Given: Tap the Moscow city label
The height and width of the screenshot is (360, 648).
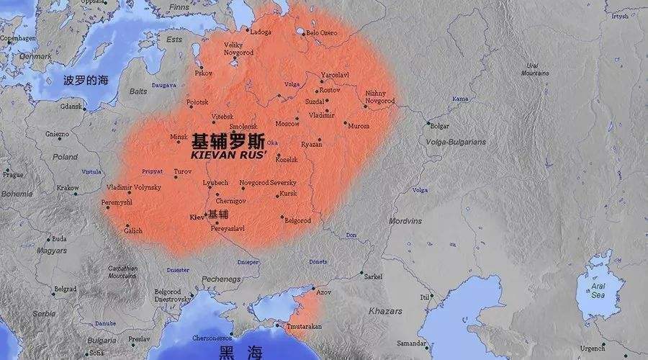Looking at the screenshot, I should (287, 123).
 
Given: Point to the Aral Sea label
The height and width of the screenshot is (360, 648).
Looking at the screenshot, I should (598, 289).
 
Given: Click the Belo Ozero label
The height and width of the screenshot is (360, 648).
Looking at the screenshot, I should (322, 32).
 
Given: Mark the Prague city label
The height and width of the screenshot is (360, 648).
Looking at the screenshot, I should (13, 174).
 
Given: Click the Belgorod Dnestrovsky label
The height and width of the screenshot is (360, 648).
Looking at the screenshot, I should (173, 295).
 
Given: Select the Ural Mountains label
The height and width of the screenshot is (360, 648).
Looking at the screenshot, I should (535, 69).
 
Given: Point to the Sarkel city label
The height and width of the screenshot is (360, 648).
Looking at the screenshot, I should (374, 276).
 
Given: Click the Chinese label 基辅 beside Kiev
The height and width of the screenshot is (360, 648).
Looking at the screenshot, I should (218, 214).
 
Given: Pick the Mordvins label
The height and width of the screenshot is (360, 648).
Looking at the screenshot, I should (405, 220).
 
